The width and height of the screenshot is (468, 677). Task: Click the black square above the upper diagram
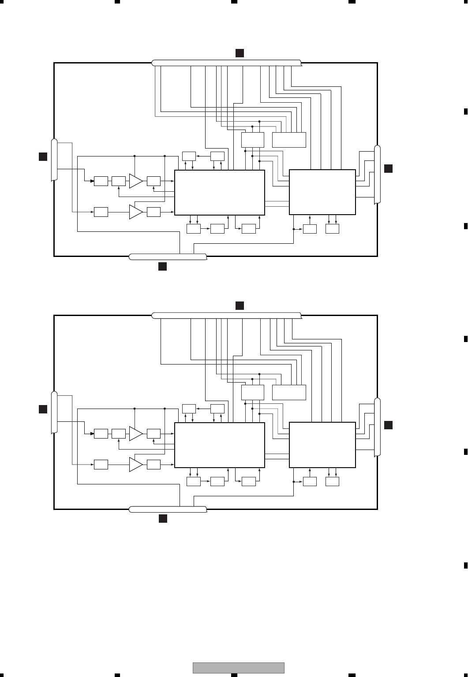[239, 53]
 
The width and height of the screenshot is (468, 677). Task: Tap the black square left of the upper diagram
[43, 156]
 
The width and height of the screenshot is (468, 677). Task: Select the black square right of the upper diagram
[388, 168]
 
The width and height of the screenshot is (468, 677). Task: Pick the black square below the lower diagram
[163, 519]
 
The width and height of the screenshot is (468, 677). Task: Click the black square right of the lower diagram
[388, 425]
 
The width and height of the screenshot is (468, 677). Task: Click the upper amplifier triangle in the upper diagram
[135, 181]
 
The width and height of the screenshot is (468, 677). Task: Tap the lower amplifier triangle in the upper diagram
[135, 212]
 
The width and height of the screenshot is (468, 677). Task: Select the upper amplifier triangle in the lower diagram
[135, 434]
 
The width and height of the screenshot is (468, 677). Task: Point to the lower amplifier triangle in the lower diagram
[135, 465]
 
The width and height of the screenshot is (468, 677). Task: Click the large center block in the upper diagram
[220, 193]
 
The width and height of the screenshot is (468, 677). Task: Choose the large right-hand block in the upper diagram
[322, 192]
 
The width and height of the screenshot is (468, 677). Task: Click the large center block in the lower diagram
[220, 445]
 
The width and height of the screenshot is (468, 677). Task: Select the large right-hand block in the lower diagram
[322, 445]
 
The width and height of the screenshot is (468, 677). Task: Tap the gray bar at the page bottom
[239, 668]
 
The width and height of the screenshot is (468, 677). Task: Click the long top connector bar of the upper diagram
[226, 63]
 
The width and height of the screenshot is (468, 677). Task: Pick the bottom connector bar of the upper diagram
[168, 257]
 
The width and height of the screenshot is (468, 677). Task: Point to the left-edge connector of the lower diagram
[54, 412]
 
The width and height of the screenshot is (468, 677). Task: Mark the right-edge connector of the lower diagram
[377, 427]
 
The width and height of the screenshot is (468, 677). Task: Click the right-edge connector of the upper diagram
[377, 175]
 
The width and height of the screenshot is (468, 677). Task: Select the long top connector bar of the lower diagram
[226, 315]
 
